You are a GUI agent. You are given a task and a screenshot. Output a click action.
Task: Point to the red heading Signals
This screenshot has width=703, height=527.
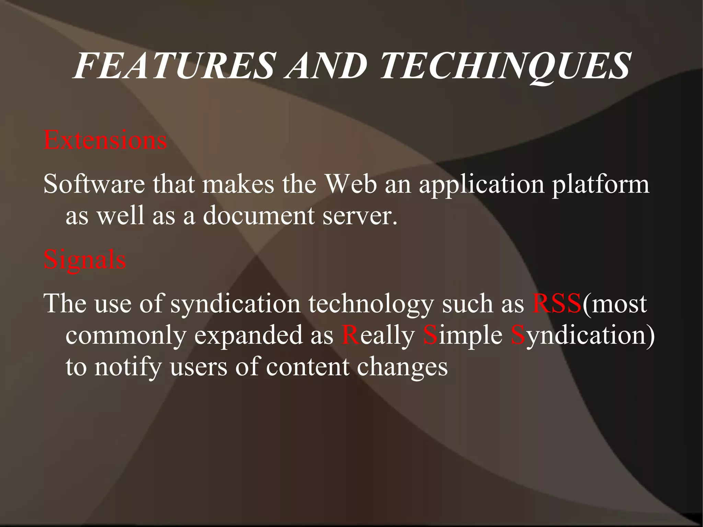tap(85, 260)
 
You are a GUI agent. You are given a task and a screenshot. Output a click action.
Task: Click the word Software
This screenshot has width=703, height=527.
tap(94, 184)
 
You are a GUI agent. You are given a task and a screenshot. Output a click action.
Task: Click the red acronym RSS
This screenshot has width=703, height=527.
tap(556, 304)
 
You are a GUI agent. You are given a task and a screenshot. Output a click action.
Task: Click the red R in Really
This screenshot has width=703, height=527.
tap(350, 335)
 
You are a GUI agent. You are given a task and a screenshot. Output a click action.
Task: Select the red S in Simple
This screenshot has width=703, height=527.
tap(430, 335)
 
